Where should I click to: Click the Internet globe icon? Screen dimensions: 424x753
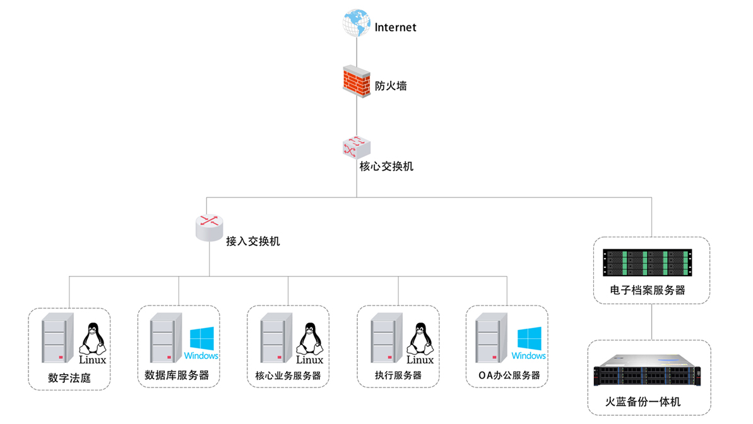click(x=356, y=23)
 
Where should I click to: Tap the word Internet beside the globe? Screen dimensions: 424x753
click(x=396, y=27)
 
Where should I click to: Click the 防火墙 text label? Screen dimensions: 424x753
click(x=391, y=86)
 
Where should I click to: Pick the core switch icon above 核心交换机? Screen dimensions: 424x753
click(x=356, y=146)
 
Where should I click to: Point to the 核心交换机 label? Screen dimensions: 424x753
click(x=386, y=167)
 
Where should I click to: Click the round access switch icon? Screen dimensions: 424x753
click(x=209, y=228)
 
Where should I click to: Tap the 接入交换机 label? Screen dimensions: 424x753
click(x=252, y=241)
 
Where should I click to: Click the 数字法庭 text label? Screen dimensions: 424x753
click(x=69, y=379)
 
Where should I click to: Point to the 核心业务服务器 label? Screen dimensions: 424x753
click(x=288, y=375)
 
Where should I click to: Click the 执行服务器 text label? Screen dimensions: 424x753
click(x=398, y=375)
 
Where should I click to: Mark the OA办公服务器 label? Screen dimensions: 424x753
click(x=505, y=375)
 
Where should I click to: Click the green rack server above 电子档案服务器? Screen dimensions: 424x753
click(x=647, y=263)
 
